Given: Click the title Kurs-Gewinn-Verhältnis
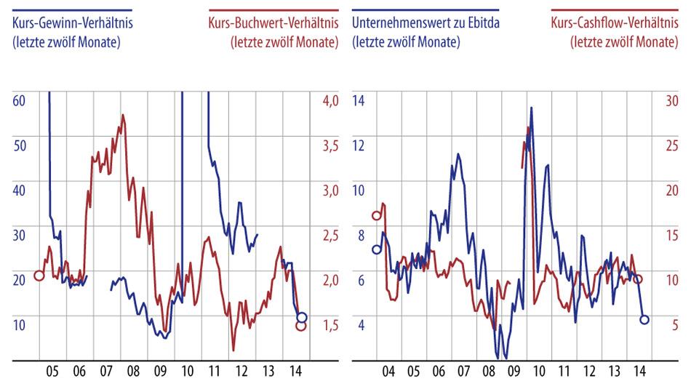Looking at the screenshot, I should click(x=73, y=23).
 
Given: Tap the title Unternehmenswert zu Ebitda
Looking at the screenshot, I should click(x=425, y=23).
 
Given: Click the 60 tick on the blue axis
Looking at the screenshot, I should click(x=19, y=100).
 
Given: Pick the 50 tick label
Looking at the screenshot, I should click(x=19, y=145).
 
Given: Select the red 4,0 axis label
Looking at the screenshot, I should click(x=330, y=100).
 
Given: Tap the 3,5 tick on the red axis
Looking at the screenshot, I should click(x=330, y=145).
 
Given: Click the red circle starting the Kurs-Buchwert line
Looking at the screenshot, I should click(x=39, y=276).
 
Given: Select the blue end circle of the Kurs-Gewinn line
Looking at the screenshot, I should click(x=302, y=317).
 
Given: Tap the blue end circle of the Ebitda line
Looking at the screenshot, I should click(x=644, y=319).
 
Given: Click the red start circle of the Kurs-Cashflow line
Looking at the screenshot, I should click(x=377, y=215).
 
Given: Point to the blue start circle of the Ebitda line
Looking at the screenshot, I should click(x=377, y=249).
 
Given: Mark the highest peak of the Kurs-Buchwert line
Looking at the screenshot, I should click(x=123, y=115).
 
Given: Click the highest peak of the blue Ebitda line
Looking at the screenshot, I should click(x=532, y=108).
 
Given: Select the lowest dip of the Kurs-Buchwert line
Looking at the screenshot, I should click(x=233, y=350).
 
